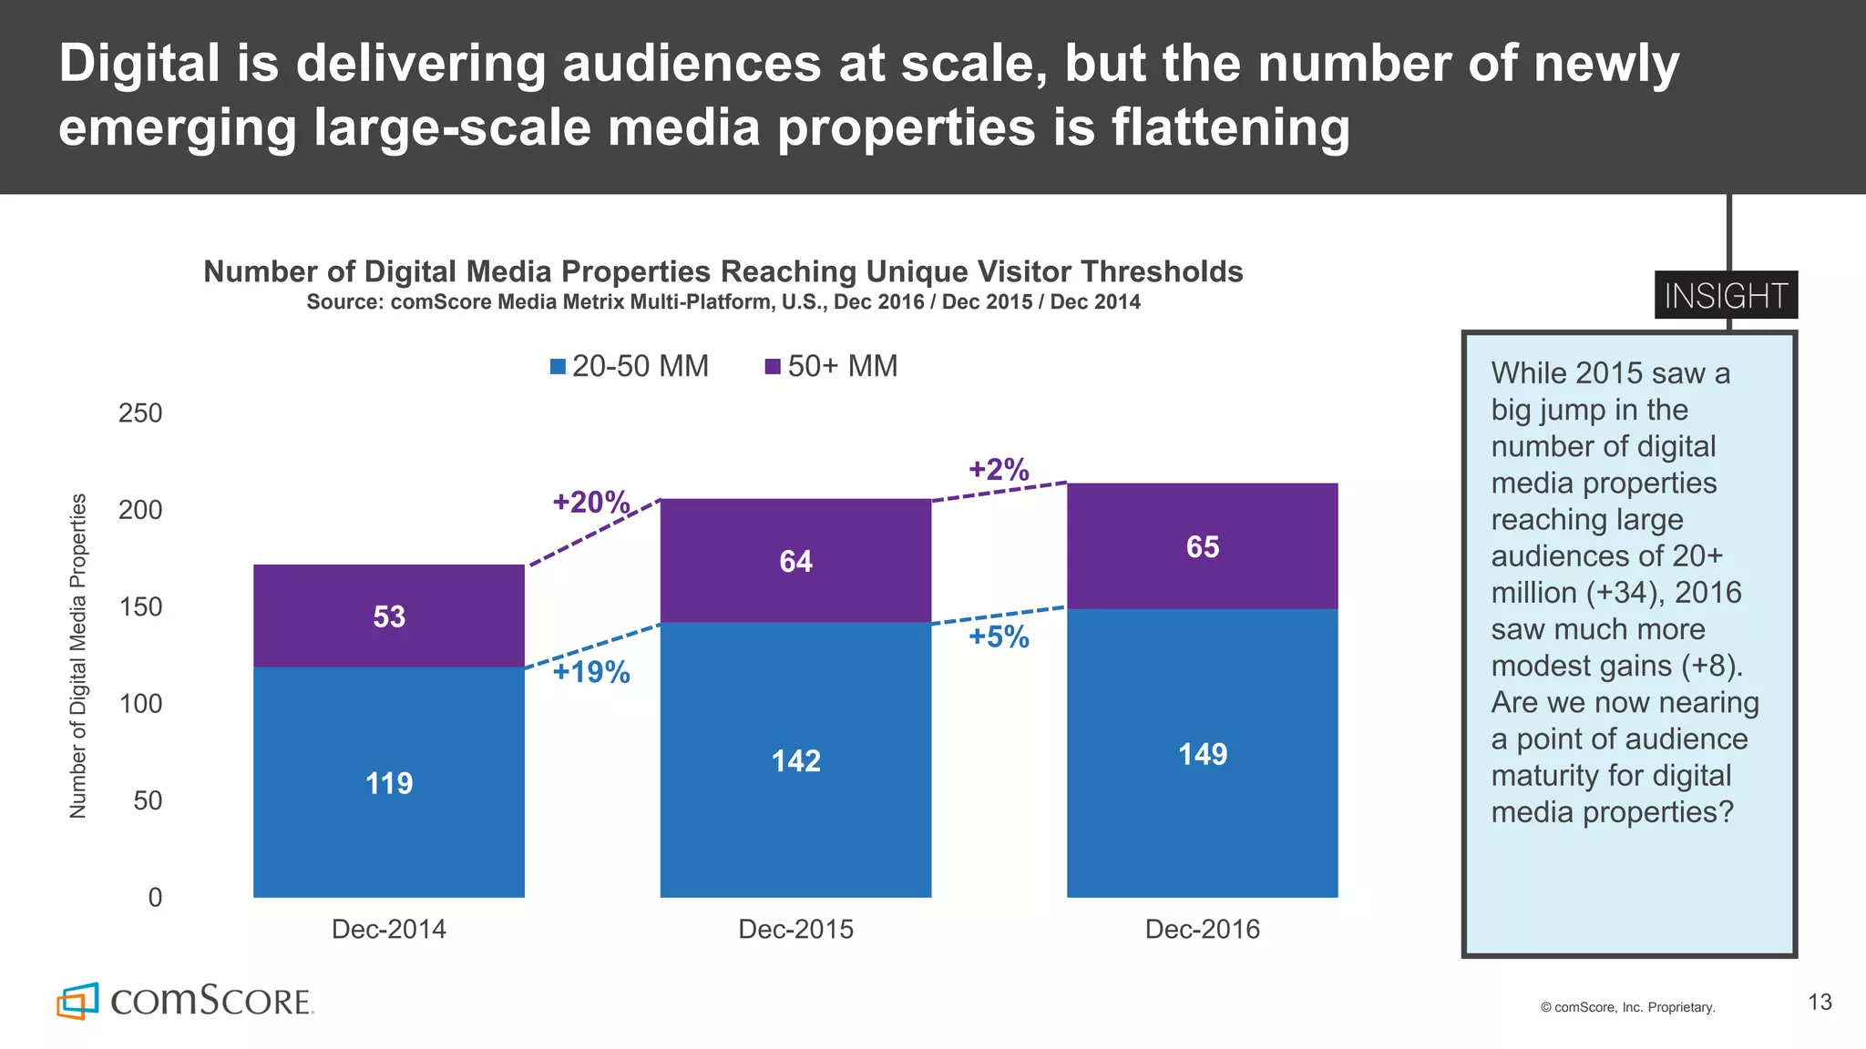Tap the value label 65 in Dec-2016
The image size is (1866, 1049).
[1202, 546]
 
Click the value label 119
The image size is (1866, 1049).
[389, 783]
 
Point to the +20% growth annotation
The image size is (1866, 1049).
[590, 502]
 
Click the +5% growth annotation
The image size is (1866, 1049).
[999, 637]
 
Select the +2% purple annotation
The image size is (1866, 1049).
[999, 469]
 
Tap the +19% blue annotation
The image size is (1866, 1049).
[590, 672]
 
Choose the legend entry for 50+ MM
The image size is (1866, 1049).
[831, 366]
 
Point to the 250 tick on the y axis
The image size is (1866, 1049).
[140, 413]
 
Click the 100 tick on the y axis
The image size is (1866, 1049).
[140, 703]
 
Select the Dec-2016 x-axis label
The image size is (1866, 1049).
[1202, 929]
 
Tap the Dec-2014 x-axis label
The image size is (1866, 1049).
[389, 929]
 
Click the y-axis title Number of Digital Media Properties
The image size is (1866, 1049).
[78, 656]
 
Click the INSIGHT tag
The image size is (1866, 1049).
[1726, 296]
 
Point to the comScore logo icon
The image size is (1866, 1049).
[77, 1001]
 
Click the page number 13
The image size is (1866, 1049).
[1820, 1003]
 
